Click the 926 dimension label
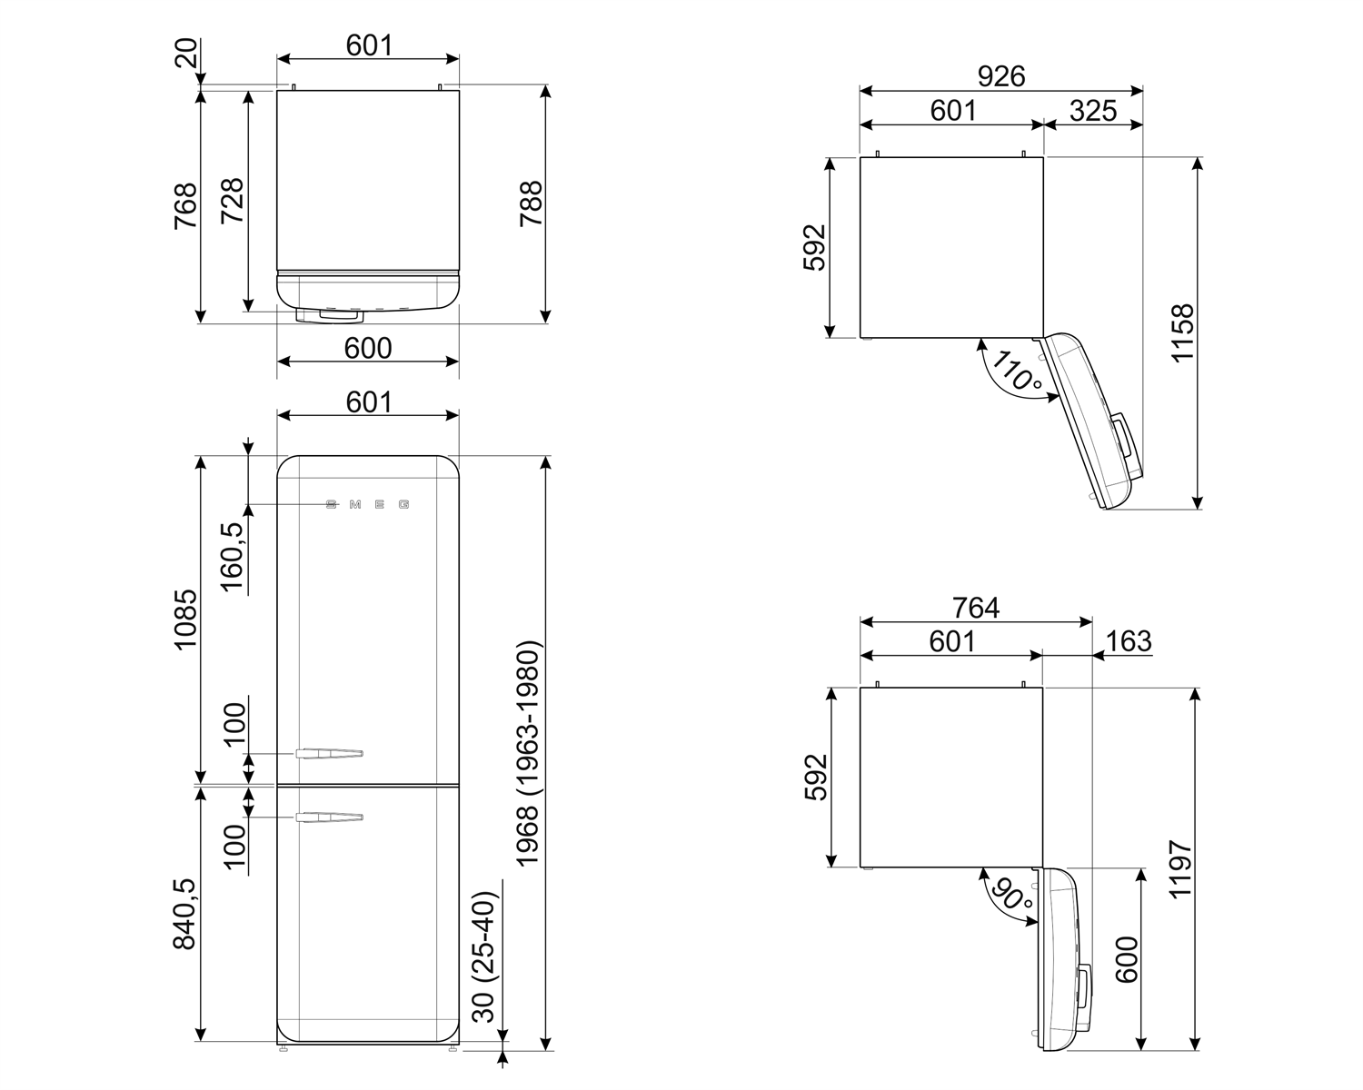tap(1001, 76)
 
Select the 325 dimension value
tap(1092, 111)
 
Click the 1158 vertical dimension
tap(1182, 333)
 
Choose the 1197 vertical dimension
tap(1179, 869)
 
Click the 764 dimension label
tap(975, 607)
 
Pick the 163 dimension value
tap(1129, 641)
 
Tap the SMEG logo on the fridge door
tap(368, 504)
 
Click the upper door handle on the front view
tap(329, 753)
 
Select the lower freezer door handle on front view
tap(329, 818)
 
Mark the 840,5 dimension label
tap(184, 913)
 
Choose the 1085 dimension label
tap(184, 619)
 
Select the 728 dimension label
tap(232, 203)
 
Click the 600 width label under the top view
tap(368, 348)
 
